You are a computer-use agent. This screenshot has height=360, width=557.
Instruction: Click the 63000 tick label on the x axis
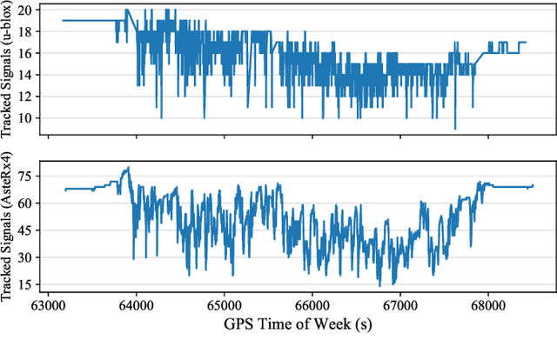click(47, 308)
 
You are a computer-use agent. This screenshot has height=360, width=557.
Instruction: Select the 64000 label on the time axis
click(135, 308)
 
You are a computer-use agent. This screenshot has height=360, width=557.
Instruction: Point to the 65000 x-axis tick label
click(223, 308)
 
